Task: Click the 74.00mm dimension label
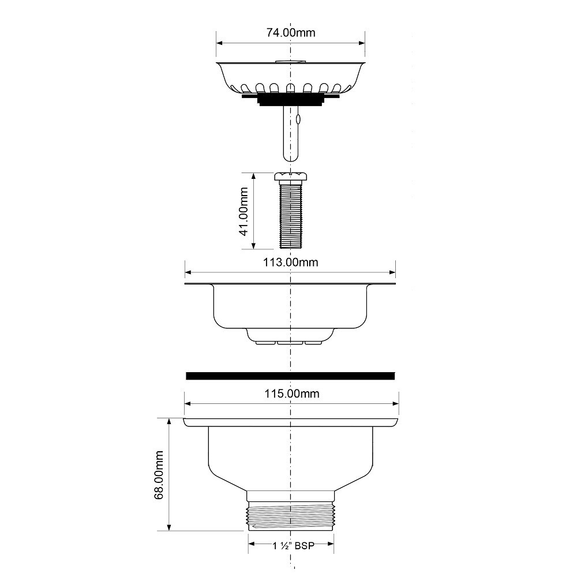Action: [291, 33]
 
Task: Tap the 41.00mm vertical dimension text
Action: [243, 212]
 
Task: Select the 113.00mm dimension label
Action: [291, 263]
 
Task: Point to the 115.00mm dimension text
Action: [292, 394]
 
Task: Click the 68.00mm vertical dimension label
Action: [159, 475]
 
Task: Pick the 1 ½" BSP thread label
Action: [294, 545]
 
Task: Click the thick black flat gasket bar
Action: [290, 376]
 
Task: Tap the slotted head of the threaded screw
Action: [291, 177]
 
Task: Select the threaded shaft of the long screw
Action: [291, 215]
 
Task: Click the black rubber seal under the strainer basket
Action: [290, 99]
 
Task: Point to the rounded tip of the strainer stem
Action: [290, 157]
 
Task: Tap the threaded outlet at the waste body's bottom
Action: [291, 516]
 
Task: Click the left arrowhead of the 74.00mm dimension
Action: [220, 43]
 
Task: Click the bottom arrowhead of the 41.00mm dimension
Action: [253, 245]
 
